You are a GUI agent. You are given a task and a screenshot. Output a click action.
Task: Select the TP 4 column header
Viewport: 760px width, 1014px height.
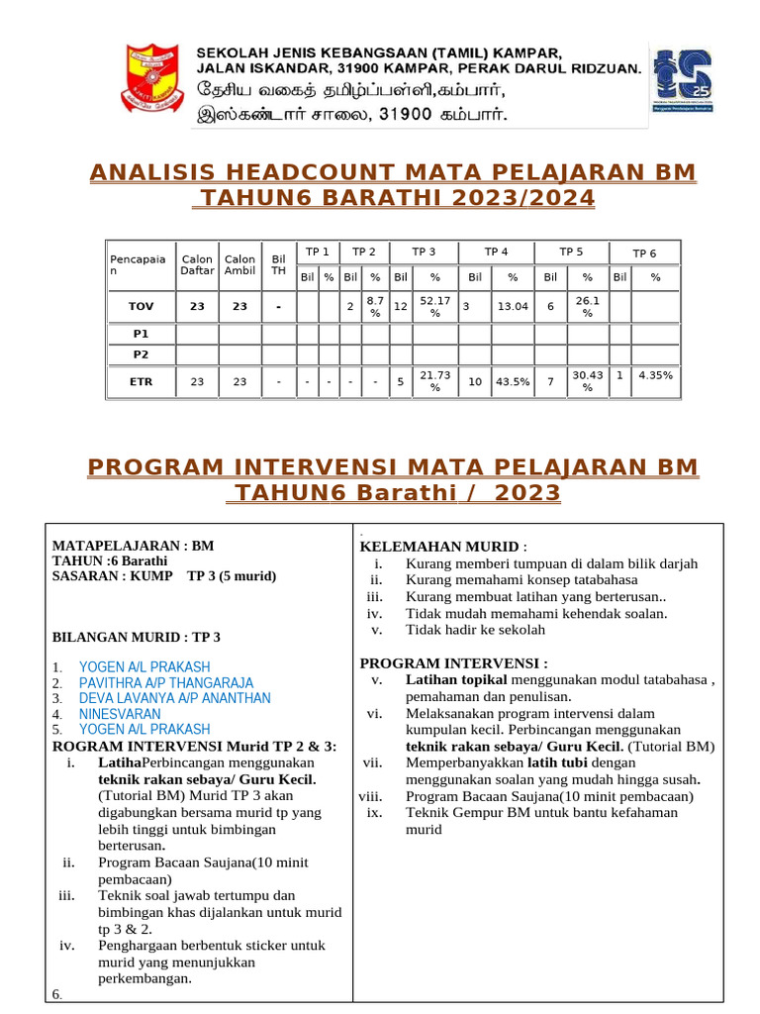(x=497, y=253)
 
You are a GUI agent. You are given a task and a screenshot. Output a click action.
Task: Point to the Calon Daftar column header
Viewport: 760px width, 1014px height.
(x=197, y=265)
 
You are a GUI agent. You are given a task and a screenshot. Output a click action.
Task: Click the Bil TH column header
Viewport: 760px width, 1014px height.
(x=279, y=265)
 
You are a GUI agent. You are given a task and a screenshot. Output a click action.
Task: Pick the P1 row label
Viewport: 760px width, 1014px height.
(x=141, y=335)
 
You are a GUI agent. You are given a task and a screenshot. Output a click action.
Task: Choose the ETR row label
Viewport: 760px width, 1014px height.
(x=141, y=381)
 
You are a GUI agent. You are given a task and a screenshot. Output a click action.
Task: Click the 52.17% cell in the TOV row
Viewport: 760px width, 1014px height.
(x=435, y=307)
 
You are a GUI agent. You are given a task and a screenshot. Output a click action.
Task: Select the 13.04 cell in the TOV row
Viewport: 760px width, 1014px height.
(x=513, y=307)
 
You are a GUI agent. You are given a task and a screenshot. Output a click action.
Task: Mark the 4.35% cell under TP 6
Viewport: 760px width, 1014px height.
(x=655, y=376)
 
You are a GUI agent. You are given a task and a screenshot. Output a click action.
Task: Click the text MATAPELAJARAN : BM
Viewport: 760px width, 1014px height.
(x=133, y=545)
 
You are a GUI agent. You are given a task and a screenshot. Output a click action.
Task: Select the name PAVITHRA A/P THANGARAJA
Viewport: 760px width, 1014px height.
(x=165, y=683)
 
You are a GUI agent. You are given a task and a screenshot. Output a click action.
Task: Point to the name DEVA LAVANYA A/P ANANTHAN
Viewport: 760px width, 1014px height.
(x=174, y=698)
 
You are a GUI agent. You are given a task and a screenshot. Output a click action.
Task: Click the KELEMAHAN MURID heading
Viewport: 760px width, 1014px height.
(x=438, y=547)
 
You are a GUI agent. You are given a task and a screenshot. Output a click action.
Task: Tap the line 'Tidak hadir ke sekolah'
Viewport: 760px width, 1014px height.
(x=475, y=630)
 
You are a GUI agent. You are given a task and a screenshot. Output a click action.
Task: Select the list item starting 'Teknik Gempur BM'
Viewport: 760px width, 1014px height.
(x=541, y=813)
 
